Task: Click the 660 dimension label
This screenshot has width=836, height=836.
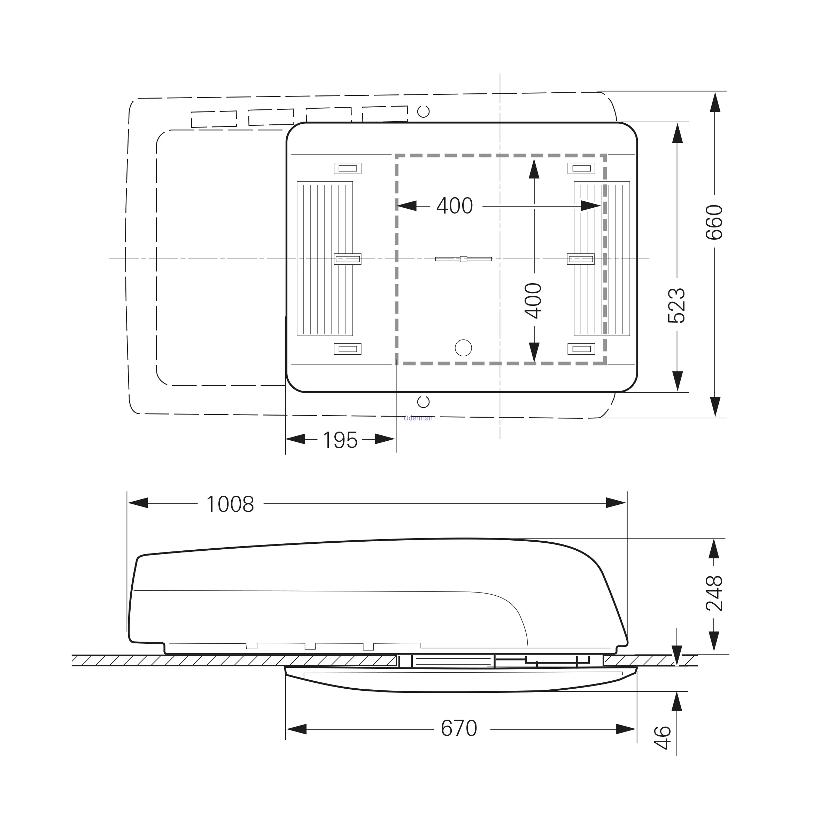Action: tap(714, 223)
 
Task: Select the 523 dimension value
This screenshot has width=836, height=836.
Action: tap(677, 305)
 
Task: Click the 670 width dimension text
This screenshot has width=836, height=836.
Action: tap(459, 729)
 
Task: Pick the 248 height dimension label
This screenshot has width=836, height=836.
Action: tap(714, 593)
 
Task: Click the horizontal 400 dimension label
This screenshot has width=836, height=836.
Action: tap(455, 206)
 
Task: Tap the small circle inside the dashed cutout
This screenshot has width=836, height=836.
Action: tap(463, 348)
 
